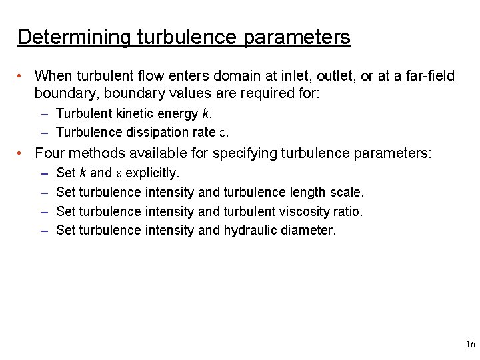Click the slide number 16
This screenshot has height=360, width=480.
point(470,345)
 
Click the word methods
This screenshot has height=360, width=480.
point(101,153)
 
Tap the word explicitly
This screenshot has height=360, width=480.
point(152,173)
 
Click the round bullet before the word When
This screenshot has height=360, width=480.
point(21,77)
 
